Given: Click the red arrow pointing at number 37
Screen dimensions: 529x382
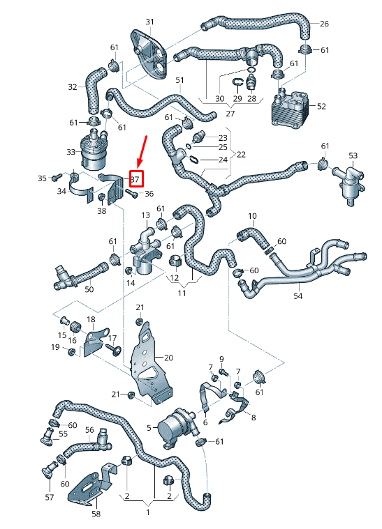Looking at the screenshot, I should click(142, 152).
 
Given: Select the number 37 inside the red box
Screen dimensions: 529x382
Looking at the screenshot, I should click(135, 179).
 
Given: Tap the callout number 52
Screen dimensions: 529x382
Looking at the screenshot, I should click(321, 107).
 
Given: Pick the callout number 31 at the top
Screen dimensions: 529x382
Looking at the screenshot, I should click(149, 22).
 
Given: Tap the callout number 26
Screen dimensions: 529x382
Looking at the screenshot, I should click(324, 24).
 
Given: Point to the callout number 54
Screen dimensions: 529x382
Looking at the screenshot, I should click(298, 296).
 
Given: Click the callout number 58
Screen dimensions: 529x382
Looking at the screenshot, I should click(96, 514).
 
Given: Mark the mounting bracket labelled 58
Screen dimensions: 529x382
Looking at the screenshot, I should click(89, 487).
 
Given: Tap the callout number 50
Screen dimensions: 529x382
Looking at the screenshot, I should click(89, 289).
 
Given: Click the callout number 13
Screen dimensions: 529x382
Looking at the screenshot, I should click(146, 215).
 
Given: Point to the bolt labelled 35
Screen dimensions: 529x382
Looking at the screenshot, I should click(55, 178).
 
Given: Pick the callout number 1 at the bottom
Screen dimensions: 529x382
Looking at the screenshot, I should click(147, 512).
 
